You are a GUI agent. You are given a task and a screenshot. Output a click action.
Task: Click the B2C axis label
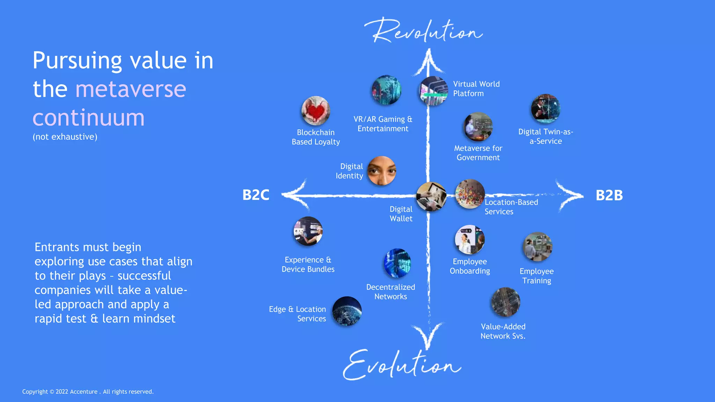point(256,195)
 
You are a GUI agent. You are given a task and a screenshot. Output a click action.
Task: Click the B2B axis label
point(609,195)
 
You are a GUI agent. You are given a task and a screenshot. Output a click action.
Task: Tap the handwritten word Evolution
point(401,365)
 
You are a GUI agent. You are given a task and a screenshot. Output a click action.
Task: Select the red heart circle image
point(316,111)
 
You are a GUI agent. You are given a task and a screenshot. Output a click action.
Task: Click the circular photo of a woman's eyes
point(382,171)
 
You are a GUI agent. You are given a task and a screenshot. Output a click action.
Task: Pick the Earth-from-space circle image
point(347,311)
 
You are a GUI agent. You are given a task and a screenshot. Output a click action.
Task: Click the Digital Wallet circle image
point(431,196)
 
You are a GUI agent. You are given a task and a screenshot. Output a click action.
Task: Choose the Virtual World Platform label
point(476,89)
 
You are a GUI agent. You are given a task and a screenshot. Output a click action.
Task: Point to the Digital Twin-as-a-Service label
point(546,136)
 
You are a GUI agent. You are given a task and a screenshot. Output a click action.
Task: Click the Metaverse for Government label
point(478,153)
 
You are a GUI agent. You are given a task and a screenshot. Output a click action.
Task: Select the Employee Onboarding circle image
point(470,240)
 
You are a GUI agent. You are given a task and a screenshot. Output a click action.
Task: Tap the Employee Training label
point(537,276)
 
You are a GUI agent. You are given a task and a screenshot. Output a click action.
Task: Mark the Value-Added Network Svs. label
point(503,331)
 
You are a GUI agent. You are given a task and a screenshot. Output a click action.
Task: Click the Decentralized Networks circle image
point(397,263)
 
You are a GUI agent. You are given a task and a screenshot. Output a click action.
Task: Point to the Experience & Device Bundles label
point(308,265)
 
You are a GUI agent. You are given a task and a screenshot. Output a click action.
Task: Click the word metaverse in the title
point(131,89)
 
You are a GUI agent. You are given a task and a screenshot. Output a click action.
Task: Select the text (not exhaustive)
point(65,137)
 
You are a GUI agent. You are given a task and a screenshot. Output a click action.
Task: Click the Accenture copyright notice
point(88,392)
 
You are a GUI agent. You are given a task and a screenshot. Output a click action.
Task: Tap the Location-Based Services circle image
point(470,194)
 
